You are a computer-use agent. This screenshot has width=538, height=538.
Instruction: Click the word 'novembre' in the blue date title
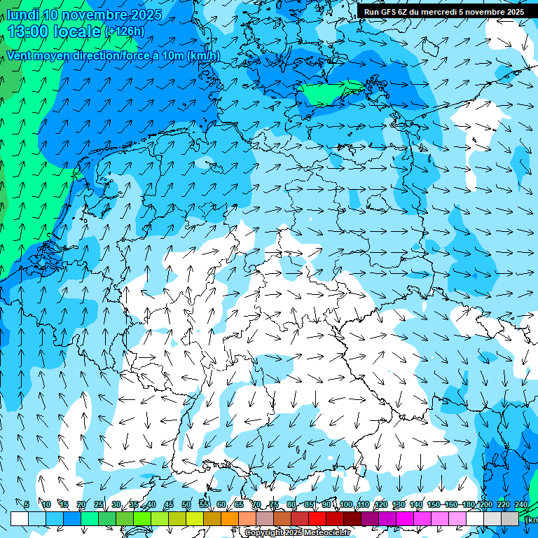[95, 15]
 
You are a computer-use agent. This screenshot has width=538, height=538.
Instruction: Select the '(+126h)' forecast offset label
[125, 31]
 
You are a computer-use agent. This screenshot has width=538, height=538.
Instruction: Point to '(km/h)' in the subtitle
[203, 56]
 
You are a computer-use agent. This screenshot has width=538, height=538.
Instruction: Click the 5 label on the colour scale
[27, 505]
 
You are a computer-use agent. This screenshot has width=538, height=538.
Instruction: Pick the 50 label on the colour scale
[186, 505]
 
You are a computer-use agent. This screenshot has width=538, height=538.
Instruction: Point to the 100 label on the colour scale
[346, 505]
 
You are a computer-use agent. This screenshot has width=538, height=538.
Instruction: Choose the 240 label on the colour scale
[521, 505]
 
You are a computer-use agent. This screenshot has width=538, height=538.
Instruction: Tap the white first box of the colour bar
[20, 518]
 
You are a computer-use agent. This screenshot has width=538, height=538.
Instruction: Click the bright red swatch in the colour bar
[317, 518]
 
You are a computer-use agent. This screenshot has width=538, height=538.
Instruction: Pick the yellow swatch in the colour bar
[177, 518]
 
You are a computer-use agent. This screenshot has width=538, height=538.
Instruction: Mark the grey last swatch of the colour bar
[510, 518]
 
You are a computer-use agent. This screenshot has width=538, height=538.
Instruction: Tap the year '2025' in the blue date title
[146, 15]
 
